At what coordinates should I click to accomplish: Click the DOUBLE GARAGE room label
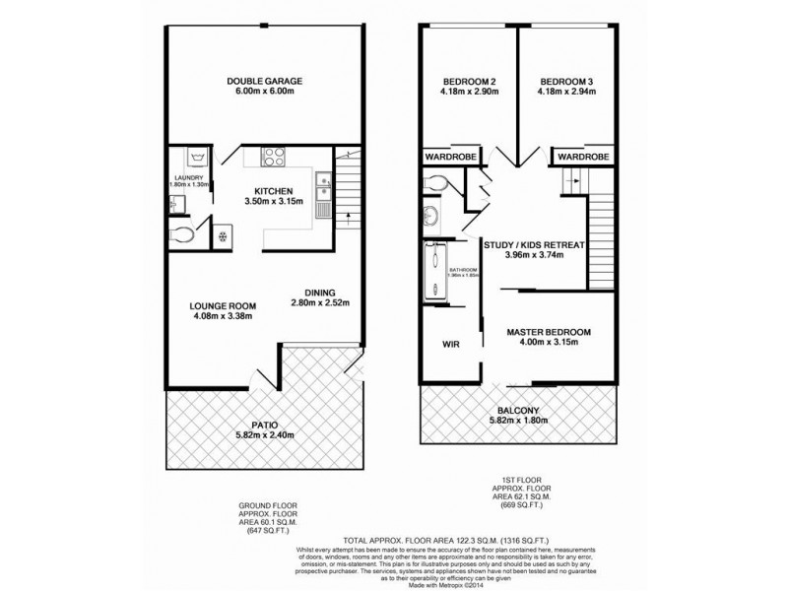(x=263, y=81)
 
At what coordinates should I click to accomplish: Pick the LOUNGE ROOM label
(x=222, y=305)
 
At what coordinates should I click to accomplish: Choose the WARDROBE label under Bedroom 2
(x=450, y=158)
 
